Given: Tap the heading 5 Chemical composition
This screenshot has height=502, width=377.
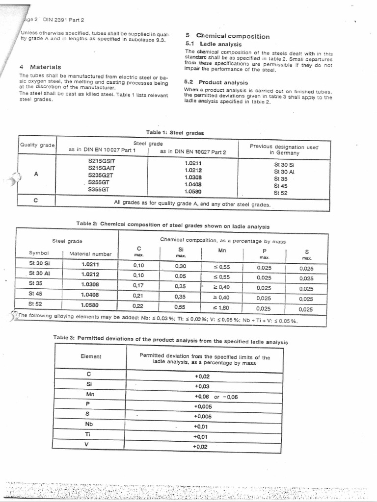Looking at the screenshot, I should pyautogui.click(x=227, y=36).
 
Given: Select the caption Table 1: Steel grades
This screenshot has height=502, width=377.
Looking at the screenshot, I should pyautogui.click(x=175, y=132).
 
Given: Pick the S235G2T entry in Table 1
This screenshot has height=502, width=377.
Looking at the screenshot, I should pyautogui.click(x=101, y=175).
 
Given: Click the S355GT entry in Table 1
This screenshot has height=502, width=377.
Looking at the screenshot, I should pyautogui.click(x=99, y=189).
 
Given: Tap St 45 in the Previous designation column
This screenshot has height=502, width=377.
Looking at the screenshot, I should pyautogui.click(x=281, y=186).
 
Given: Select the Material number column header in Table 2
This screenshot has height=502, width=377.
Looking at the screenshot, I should pyautogui.click(x=90, y=254).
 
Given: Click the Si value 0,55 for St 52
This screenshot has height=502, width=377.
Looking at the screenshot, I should pyautogui.click(x=180, y=307).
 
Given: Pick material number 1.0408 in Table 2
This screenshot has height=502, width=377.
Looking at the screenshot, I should pyautogui.click(x=90, y=295).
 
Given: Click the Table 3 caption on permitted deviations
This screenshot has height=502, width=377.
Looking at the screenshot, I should pyautogui.click(x=170, y=342).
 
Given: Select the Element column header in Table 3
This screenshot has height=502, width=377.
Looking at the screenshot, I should pyautogui.click(x=91, y=356).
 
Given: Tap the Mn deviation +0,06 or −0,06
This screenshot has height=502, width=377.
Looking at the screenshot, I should pyautogui.click(x=216, y=397).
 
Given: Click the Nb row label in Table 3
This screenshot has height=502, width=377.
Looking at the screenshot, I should pyautogui.click(x=89, y=424).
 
